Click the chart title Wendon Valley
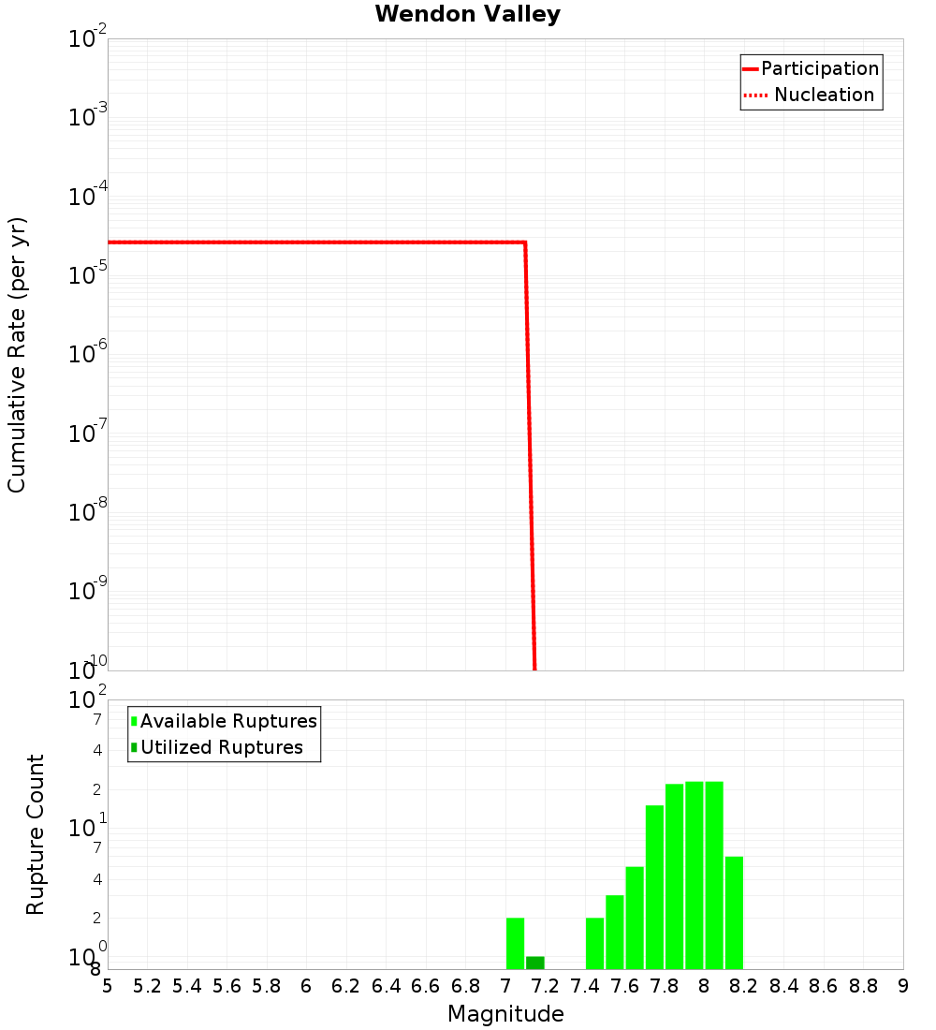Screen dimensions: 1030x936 tap(467, 14)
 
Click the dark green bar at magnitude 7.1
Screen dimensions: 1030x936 tap(534, 963)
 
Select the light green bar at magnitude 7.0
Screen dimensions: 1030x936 tap(515, 943)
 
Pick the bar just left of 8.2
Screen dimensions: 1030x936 tap(734, 913)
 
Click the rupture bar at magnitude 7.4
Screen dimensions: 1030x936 tap(594, 943)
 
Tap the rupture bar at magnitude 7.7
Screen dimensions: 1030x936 tap(654, 887)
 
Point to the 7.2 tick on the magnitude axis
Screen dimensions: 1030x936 tap(545, 986)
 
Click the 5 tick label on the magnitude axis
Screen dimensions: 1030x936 tap(108, 986)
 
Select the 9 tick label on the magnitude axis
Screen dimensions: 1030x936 tap(903, 986)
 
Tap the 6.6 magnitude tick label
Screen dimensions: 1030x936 tap(426, 986)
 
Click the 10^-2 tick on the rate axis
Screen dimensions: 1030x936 tap(88, 39)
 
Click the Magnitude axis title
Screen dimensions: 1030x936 tap(505, 1014)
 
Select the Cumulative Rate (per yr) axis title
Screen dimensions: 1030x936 tap(17, 354)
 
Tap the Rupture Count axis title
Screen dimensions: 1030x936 tap(36, 833)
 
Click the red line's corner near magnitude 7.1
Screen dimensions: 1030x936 tap(525, 243)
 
